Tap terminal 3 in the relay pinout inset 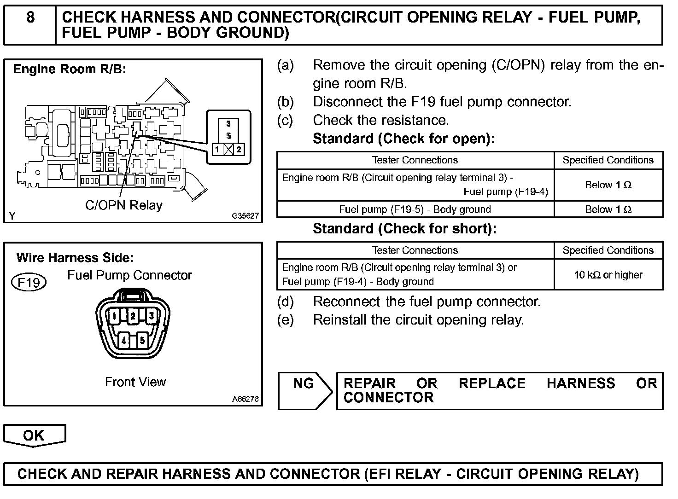tap(228, 124)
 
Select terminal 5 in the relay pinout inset tap(228, 136)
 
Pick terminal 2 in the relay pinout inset tap(239, 149)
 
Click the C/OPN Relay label tap(123, 205)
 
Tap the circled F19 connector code tap(29, 282)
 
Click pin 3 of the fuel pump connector tap(151, 316)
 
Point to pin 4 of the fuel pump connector tap(124, 341)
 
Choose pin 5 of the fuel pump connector tap(142, 341)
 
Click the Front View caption tap(135, 382)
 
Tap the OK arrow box tap(34, 435)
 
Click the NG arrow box tap(304, 391)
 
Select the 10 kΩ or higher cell tap(608, 275)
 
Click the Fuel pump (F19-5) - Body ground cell tap(415, 209)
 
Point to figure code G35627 tap(245, 216)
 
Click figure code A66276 tap(245, 399)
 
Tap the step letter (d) tap(285, 302)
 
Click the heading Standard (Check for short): tap(404, 229)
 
